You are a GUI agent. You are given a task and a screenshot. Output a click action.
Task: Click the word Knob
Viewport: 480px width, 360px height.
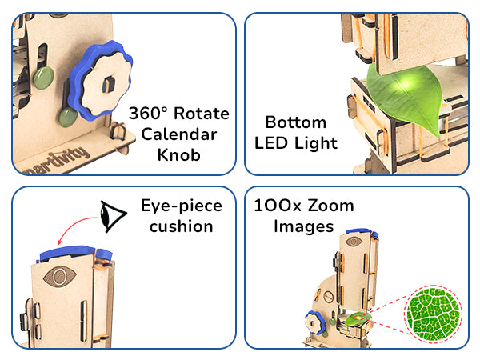[180, 154]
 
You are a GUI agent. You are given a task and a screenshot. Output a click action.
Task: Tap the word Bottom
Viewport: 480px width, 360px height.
[296, 123]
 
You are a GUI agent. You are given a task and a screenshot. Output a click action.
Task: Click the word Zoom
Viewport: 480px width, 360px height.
[326, 206]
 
